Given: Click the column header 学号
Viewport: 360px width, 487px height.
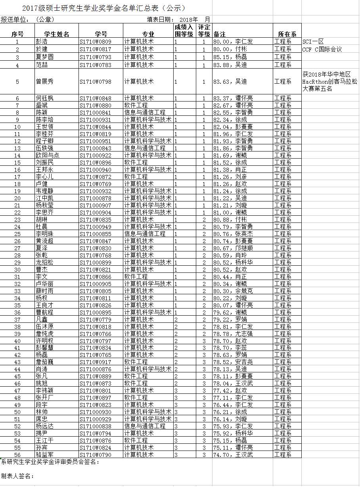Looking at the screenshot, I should (101, 34).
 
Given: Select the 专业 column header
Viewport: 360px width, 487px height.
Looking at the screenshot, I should (148, 34).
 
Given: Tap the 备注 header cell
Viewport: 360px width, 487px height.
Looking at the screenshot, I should (219, 34).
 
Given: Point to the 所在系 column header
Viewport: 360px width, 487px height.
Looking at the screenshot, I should (287, 34).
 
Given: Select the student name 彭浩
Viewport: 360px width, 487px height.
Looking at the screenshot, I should (42, 42).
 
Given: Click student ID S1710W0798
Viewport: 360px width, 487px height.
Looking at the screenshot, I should (96, 82).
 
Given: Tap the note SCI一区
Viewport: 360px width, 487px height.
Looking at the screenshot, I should (313, 42).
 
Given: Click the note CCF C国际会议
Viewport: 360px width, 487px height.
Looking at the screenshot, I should (322, 49).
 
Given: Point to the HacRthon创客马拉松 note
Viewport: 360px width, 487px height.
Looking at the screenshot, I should (329, 82).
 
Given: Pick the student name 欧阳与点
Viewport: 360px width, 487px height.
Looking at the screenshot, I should (48, 155).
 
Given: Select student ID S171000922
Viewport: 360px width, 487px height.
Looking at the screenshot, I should (96, 155).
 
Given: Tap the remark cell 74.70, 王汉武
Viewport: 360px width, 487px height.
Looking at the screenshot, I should (233, 454).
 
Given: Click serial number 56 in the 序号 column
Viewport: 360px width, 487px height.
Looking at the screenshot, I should (17, 454).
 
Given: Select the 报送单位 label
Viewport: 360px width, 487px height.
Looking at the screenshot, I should (15, 19).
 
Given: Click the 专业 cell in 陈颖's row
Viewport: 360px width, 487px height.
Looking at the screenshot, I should (145, 112).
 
